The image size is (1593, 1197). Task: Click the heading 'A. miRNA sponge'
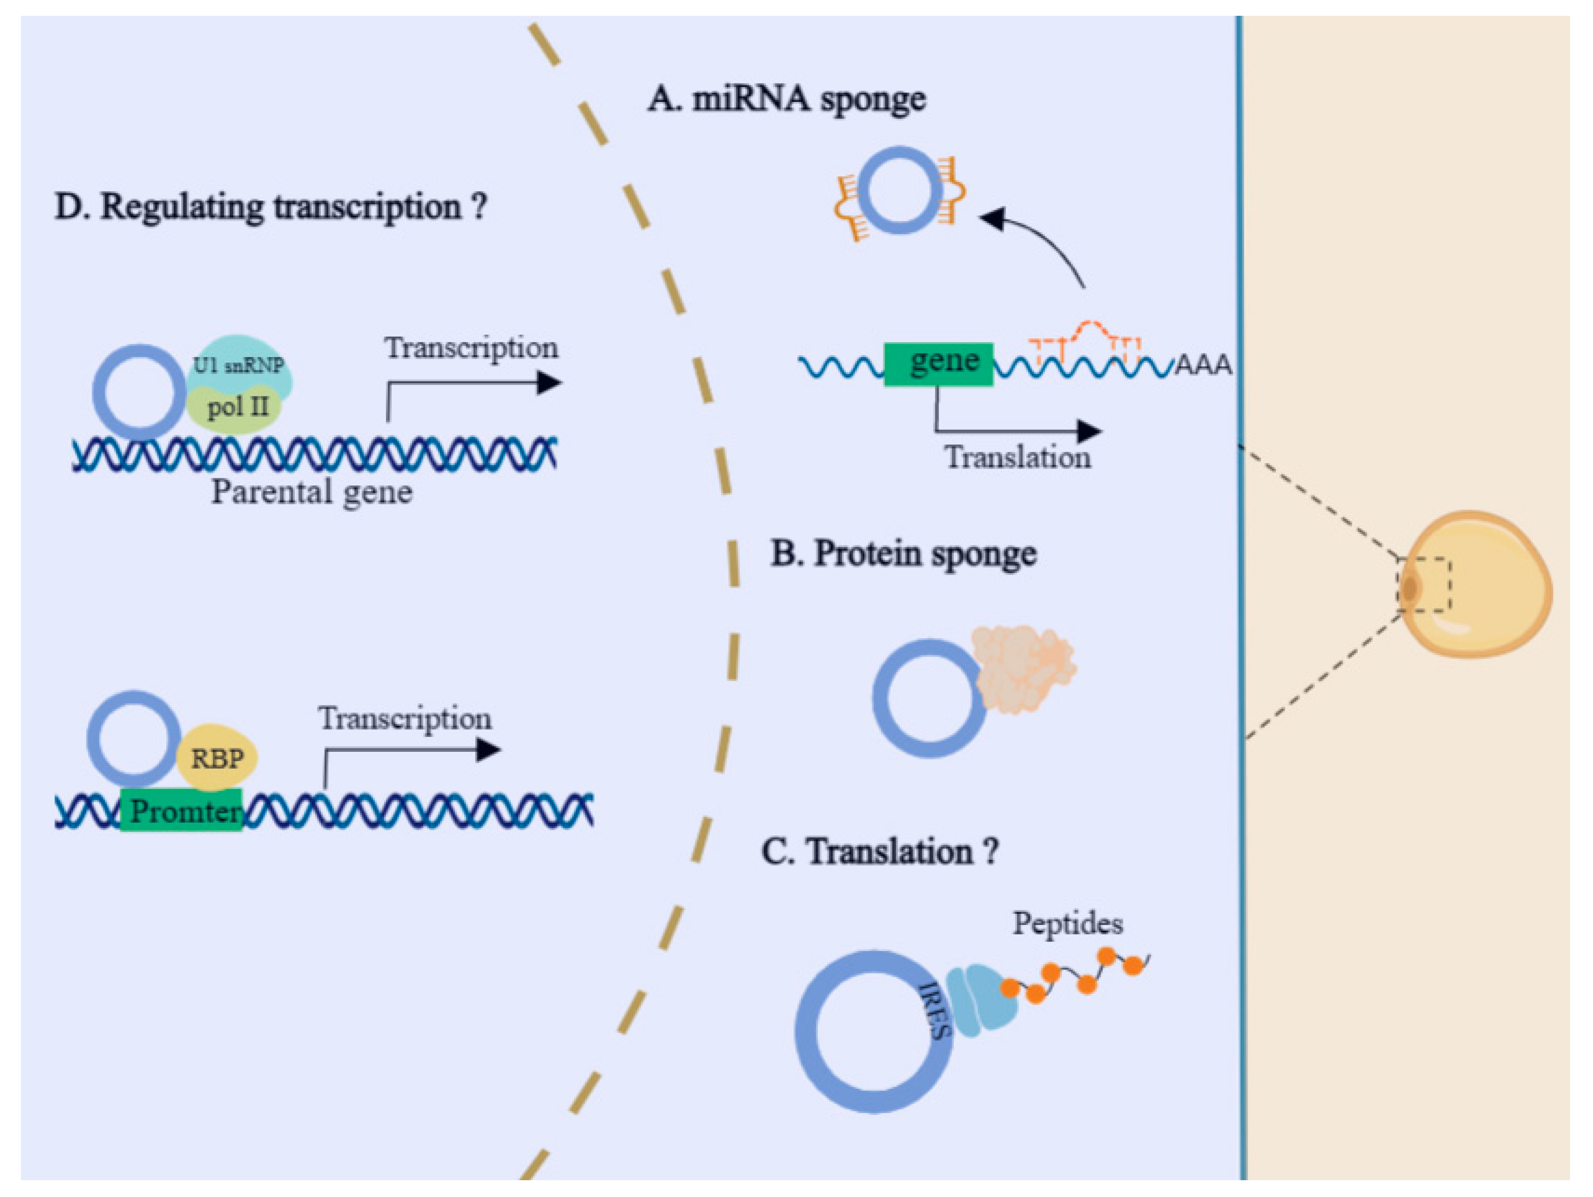click(786, 99)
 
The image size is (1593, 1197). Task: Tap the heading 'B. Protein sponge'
click(904, 555)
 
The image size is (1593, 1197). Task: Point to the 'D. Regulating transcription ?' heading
click(271, 207)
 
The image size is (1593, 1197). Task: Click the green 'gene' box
click(939, 364)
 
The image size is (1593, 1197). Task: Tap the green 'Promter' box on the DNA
click(181, 811)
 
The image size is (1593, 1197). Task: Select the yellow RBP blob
click(217, 757)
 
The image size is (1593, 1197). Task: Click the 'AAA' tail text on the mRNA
click(1203, 366)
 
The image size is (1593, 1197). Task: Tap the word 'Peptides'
click(1067, 923)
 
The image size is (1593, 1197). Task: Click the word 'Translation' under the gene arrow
click(1018, 457)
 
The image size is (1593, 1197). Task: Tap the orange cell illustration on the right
click(1474, 583)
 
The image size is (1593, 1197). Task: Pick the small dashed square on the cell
click(1424, 585)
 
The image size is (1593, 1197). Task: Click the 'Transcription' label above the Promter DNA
click(405, 719)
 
